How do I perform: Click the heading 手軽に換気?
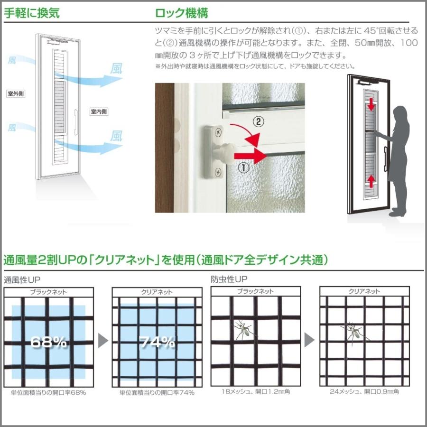click(32, 13)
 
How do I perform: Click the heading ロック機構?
click(182, 13)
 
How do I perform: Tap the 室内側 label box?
click(99, 112)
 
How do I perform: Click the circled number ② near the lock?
click(258, 122)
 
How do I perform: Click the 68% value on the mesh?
click(48, 342)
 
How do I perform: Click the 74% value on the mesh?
click(157, 342)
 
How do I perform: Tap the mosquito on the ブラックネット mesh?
click(244, 328)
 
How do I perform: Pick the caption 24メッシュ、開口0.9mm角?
click(364, 392)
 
